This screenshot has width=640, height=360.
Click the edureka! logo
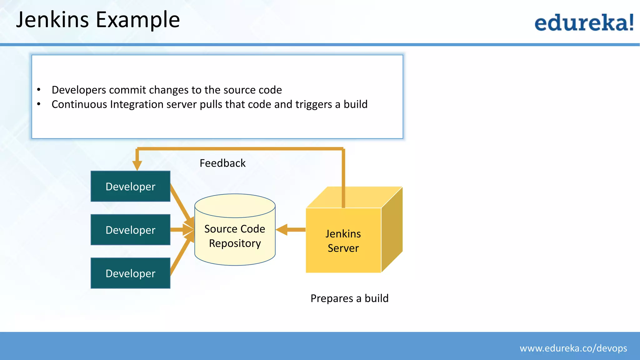[x=584, y=22]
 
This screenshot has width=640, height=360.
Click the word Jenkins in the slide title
[x=52, y=20]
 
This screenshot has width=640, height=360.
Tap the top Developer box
[x=130, y=186]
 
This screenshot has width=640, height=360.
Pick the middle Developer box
[x=130, y=230]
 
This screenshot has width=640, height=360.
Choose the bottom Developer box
[x=130, y=273]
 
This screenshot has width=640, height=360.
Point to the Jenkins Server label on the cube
[x=343, y=241]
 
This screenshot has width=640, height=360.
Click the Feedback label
[x=222, y=163]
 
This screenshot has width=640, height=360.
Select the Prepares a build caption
[x=349, y=298]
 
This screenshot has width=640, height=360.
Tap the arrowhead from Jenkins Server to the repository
[x=282, y=230]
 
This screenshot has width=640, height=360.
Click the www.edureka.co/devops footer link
[x=573, y=348]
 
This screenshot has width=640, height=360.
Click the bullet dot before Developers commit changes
[x=39, y=90]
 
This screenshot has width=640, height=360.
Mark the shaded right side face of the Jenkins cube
[x=392, y=230]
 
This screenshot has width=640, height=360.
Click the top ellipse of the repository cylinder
[x=235, y=206]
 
